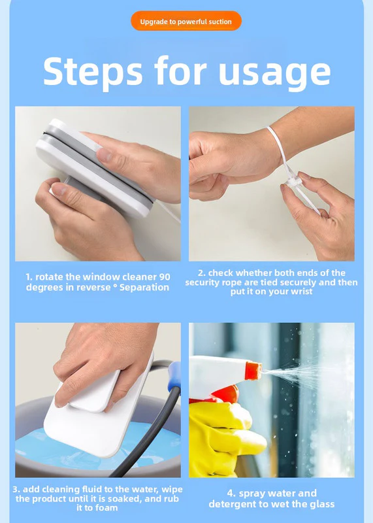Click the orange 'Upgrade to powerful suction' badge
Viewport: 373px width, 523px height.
point(186,21)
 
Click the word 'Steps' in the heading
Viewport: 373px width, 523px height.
point(93,71)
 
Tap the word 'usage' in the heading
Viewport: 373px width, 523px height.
point(274,73)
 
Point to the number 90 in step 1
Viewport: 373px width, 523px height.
point(165,277)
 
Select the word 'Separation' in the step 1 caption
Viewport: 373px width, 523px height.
point(144,287)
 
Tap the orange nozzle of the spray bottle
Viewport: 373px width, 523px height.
point(253,371)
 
